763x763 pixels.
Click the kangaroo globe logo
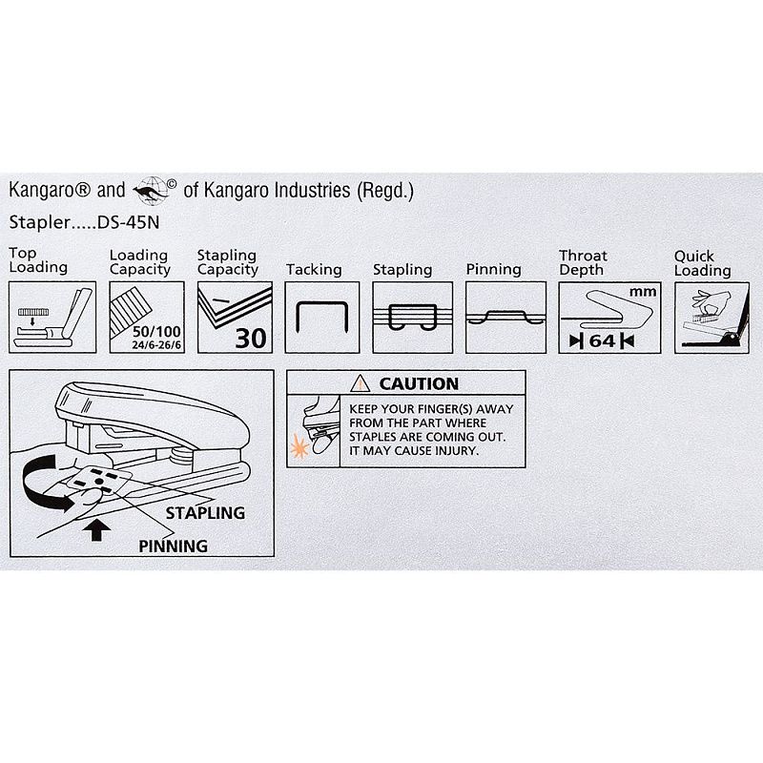pyautogui.click(x=152, y=190)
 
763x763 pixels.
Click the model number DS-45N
pyautogui.click(x=129, y=222)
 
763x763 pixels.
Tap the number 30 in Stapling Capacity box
pyautogui.click(x=251, y=339)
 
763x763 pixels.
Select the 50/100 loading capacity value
pyautogui.click(x=156, y=332)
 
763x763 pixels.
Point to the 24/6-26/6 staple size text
pyautogui.click(x=156, y=345)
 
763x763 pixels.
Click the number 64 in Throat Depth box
pyautogui.click(x=602, y=341)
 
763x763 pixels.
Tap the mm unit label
pyautogui.click(x=643, y=292)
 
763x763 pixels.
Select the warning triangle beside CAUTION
pyautogui.click(x=361, y=383)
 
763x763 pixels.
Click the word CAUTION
pyautogui.click(x=419, y=384)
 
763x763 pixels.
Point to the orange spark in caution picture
pyautogui.click(x=299, y=447)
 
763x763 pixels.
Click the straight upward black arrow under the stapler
pyautogui.click(x=96, y=529)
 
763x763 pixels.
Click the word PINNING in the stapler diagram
pyautogui.click(x=174, y=546)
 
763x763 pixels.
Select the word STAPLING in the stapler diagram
pyautogui.click(x=205, y=513)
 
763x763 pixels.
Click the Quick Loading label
pyautogui.click(x=702, y=263)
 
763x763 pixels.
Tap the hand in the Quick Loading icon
pyautogui.click(x=710, y=301)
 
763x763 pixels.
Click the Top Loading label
pyautogui.click(x=38, y=260)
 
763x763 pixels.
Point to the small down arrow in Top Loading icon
pyautogui.click(x=32, y=320)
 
